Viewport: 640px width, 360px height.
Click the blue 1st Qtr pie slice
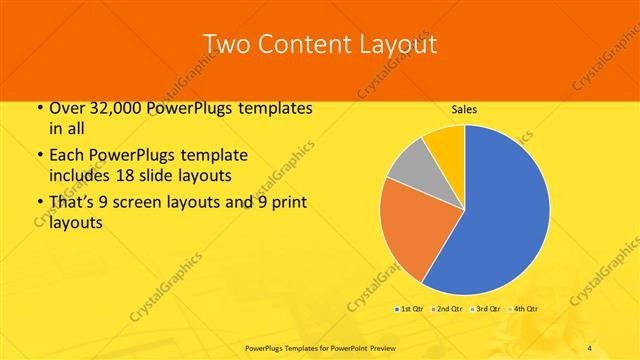coord(505,215)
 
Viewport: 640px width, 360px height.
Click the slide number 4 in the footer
coord(590,347)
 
